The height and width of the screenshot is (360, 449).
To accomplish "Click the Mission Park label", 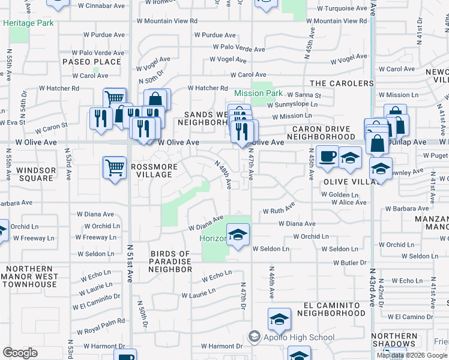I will (258, 93).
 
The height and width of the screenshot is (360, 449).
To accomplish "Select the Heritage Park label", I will (28, 23).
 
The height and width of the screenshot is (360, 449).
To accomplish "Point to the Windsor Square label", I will (36, 174).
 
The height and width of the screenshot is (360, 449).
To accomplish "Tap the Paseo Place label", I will (92, 62).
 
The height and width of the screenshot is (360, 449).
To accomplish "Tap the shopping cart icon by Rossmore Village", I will (114, 167).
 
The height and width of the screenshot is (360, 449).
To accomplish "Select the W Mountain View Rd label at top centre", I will (167, 20).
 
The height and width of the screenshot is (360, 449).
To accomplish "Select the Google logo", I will (20, 353).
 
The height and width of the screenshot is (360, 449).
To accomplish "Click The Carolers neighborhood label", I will (342, 83).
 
